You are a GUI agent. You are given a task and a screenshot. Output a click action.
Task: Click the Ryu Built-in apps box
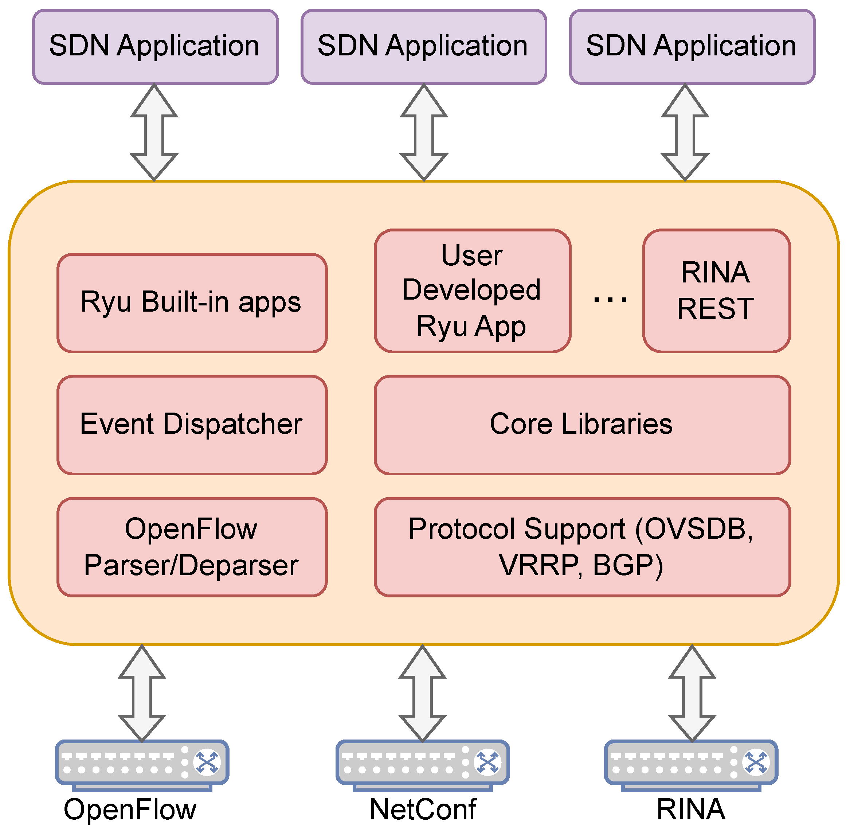pyautogui.click(x=192, y=303)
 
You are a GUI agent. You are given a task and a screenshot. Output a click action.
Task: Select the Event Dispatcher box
pyautogui.click(x=192, y=425)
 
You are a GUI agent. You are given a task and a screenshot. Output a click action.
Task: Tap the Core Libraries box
pyautogui.click(x=582, y=425)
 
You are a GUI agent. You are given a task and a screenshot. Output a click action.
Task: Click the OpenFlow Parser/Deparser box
pyautogui.click(x=192, y=547)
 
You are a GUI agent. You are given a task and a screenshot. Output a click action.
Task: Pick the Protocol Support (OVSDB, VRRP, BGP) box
pyautogui.click(x=582, y=547)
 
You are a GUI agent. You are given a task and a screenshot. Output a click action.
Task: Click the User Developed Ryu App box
pyautogui.click(x=473, y=291)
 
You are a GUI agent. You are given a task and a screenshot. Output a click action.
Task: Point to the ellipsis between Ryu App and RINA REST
pyautogui.click(x=610, y=299)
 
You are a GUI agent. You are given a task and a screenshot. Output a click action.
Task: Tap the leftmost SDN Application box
pyautogui.click(x=155, y=47)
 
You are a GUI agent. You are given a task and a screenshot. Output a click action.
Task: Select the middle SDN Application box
pyautogui.click(x=424, y=47)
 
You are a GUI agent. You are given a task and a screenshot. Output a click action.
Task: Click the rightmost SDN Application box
pyautogui.click(x=692, y=47)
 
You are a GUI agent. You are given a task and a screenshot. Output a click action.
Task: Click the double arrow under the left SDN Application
pyautogui.click(x=154, y=133)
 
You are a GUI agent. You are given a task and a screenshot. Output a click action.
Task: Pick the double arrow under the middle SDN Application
pyautogui.click(x=424, y=133)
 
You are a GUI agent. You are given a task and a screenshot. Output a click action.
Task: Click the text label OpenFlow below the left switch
pyautogui.click(x=130, y=809)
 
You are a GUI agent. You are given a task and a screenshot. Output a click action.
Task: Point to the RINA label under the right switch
pyautogui.click(x=691, y=809)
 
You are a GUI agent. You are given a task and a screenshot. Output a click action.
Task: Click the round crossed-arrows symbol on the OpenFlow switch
pyautogui.click(x=207, y=762)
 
